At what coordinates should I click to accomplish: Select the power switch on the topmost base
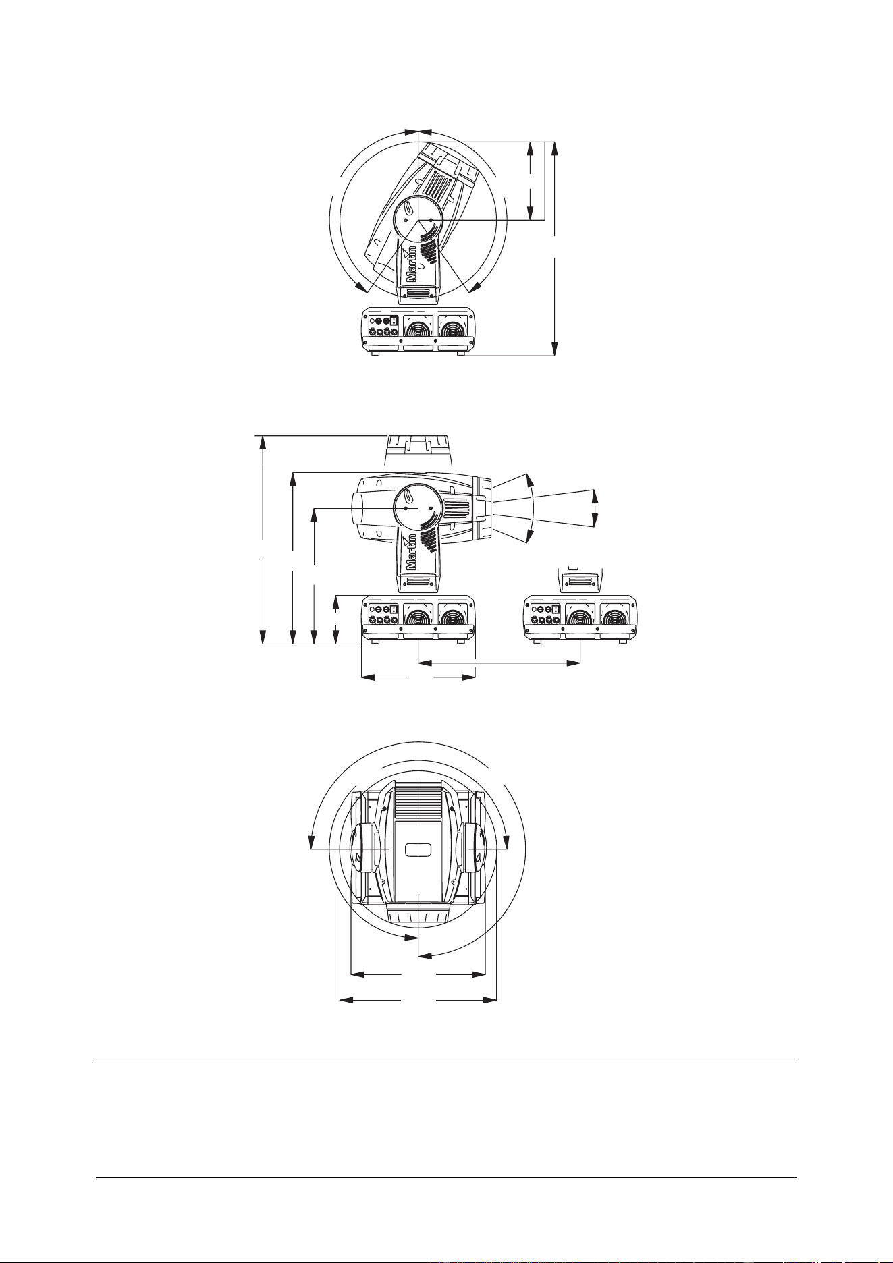point(395,321)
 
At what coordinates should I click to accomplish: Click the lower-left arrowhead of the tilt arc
point(365,288)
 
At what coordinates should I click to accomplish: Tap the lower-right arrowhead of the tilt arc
point(475,288)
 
